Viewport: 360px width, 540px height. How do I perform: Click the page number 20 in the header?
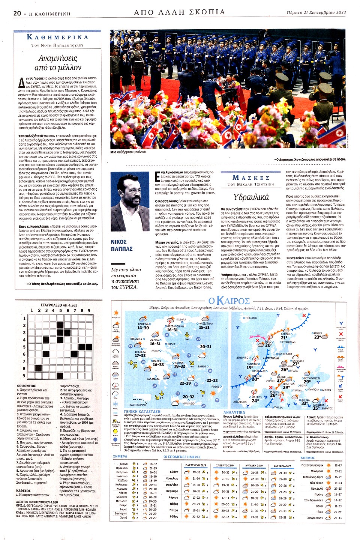pyautogui.click(x=17, y=13)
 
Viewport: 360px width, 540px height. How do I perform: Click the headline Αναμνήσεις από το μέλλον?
pyautogui.click(x=58, y=63)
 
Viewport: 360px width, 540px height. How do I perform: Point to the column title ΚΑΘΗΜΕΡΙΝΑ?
pyautogui.click(x=58, y=37)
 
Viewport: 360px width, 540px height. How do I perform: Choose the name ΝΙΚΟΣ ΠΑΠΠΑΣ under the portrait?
pyautogui.click(x=121, y=245)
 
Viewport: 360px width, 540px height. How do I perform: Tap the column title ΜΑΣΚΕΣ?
pyautogui.click(x=251, y=177)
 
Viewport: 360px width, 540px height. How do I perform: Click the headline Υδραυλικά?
pyautogui.click(x=251, y=197)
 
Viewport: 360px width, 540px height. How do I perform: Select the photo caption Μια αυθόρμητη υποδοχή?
pyautogui.click(x=128, y=152)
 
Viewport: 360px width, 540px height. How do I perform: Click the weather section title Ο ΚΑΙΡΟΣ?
pyautogui.click(x=229, y=301)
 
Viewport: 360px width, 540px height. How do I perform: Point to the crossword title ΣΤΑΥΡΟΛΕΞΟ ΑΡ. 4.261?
pyautogui.click(x=58, y=305)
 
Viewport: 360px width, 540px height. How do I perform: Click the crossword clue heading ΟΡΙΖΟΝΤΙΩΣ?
pyautogui.click(x=27, y=386)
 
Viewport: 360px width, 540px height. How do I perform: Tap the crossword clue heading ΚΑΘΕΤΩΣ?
pyautogui.click(x=24, y=491)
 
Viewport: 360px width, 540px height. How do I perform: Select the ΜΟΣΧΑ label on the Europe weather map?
pyautogui.click(x=318, y=333)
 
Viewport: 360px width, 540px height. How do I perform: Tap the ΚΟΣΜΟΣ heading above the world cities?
pyautogui.click(x=307, y=458)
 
